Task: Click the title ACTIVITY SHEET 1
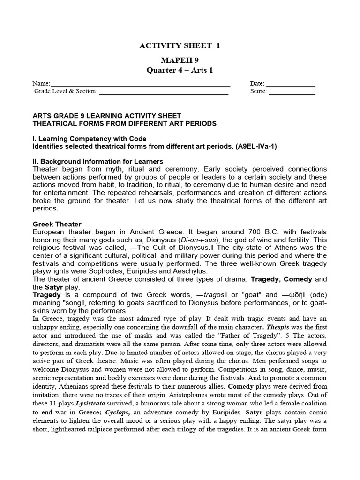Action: pos(180,45)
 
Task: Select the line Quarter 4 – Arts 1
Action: pos(180,70)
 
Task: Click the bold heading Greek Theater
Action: pos(57,224)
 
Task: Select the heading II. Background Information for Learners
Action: pos(97,161)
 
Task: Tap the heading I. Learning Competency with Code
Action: pos(89,139)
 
